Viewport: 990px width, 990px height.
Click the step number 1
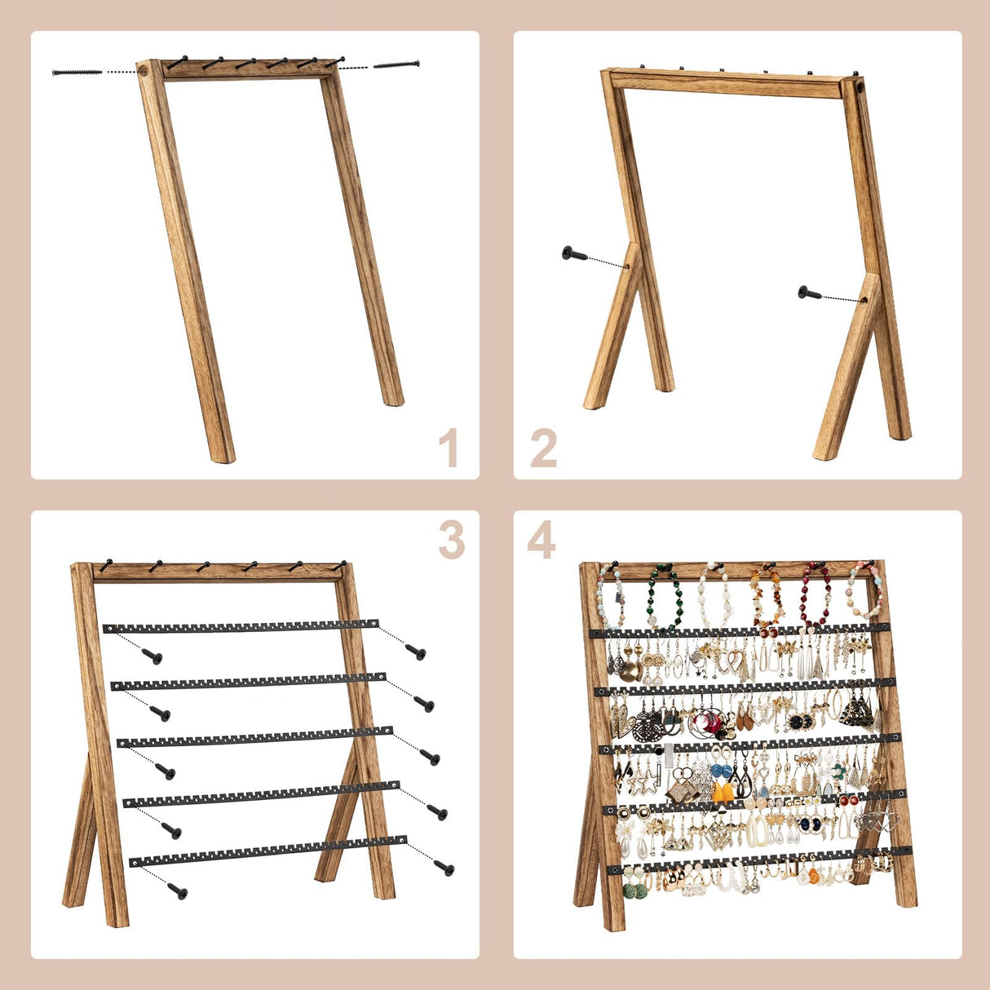[x=448, y=448]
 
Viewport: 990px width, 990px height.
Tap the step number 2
[x=544, y=448]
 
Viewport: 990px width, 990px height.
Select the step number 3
[x=451, y=540]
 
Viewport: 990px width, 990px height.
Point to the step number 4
[x=541, y=540]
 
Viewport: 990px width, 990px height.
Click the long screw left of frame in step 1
[x=77, y=72]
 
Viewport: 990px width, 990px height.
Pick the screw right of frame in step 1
[x=396, y=64]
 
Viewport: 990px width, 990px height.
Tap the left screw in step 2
[x=574, y=254]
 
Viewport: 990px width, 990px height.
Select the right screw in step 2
[x=809, y=292]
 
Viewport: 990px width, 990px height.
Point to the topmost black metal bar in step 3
[x=241, y=626]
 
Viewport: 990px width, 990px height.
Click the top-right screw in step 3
[x=416, y=652]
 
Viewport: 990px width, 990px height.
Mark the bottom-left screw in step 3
[x=177, y=891]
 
